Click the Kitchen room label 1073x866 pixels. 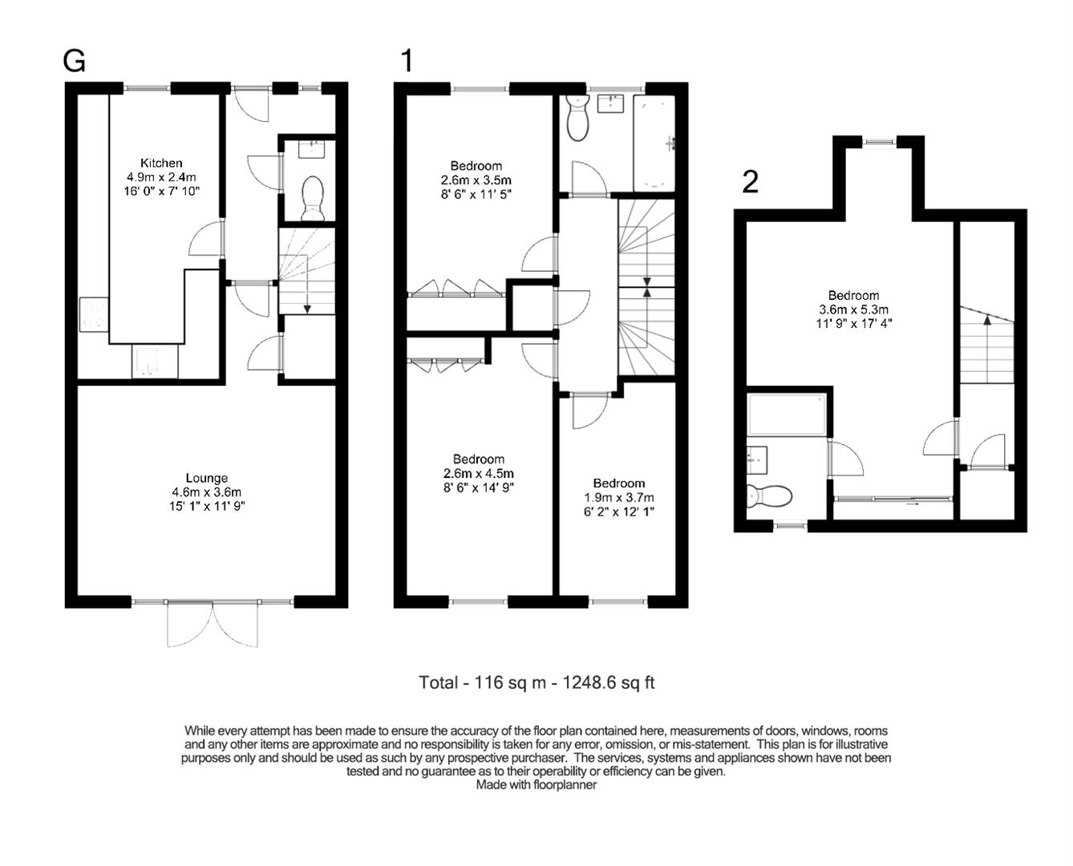(160, 163)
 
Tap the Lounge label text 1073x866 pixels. (207, 478)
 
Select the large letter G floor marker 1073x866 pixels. (74, 61)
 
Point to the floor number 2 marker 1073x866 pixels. (750, 182)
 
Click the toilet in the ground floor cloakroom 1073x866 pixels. (313, 198)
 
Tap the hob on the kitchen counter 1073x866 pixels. (94, 314)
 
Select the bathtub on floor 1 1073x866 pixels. (654, 143)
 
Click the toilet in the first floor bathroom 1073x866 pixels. (578, 118)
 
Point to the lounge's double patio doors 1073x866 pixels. (213, 624)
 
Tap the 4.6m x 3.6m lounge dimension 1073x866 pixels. (207, 492)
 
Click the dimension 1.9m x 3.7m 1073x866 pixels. (618, 498)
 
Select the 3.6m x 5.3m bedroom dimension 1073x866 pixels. (853, 310)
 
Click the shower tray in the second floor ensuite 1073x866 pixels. (787, 415)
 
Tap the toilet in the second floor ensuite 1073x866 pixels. (769, 496)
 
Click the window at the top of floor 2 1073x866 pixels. (879, 142)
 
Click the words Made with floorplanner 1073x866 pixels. (536, 784)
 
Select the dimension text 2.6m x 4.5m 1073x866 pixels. (479, 474)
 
